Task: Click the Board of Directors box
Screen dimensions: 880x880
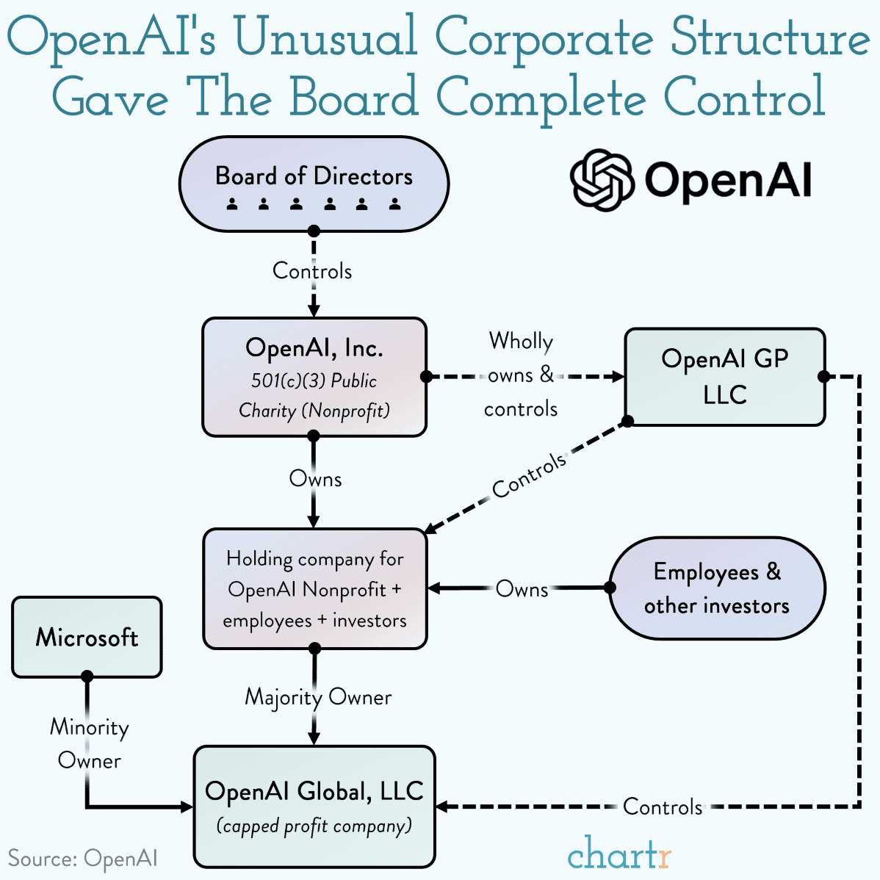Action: pos(314,184)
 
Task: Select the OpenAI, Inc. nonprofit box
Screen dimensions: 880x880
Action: pos(314,377)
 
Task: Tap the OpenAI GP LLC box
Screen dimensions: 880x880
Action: pos(724,377)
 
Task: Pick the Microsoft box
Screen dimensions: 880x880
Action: pos(87,637)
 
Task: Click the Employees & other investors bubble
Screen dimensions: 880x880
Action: pos(717,588)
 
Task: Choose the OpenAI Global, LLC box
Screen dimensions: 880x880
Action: pos(314,807)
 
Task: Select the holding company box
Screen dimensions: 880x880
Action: pos(314,589)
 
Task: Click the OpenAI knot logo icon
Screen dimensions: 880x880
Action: pos(602,180)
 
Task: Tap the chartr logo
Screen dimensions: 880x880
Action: pos(619,854)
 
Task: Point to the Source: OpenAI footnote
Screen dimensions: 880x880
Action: pos(82,858)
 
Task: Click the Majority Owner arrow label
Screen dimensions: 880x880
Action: pos(318,696)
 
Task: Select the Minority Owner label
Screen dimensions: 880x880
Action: pos(89,743)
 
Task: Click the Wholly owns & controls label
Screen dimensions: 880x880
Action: pos(521,375)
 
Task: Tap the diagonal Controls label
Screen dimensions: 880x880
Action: pos(529,476)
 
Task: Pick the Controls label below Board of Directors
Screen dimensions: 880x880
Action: pos(312,271)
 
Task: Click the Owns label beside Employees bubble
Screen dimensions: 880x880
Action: pos(522,589)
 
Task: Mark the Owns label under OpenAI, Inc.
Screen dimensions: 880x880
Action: pos(315,479)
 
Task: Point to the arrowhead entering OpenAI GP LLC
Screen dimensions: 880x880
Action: pos(617,377)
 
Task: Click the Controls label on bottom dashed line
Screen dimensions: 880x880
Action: pos(663,807)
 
